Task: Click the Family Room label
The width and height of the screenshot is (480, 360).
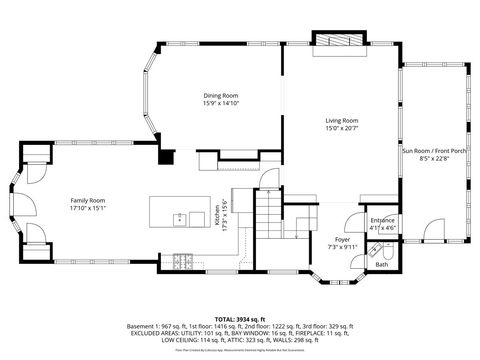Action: coord(88,200)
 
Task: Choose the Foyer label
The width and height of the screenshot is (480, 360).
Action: coord(342,239)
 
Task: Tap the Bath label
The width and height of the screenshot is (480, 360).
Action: coord(381,265)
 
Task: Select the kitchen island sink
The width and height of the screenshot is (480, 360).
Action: coord(179,218)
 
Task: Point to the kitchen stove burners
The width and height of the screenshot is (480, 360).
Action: coord(183,262)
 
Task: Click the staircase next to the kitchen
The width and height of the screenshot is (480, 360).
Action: coord(267,215)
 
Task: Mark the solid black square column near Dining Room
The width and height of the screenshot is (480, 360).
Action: coord(167,156)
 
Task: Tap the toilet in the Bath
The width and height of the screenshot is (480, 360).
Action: coord(384,253)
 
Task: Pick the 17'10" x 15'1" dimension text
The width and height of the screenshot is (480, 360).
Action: coord(88,208)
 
